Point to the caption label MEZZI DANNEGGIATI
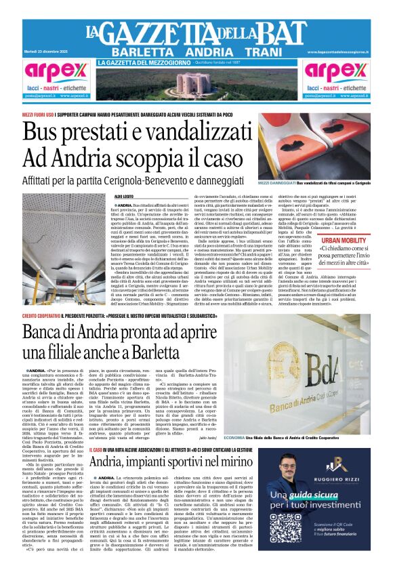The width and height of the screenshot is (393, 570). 277,184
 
